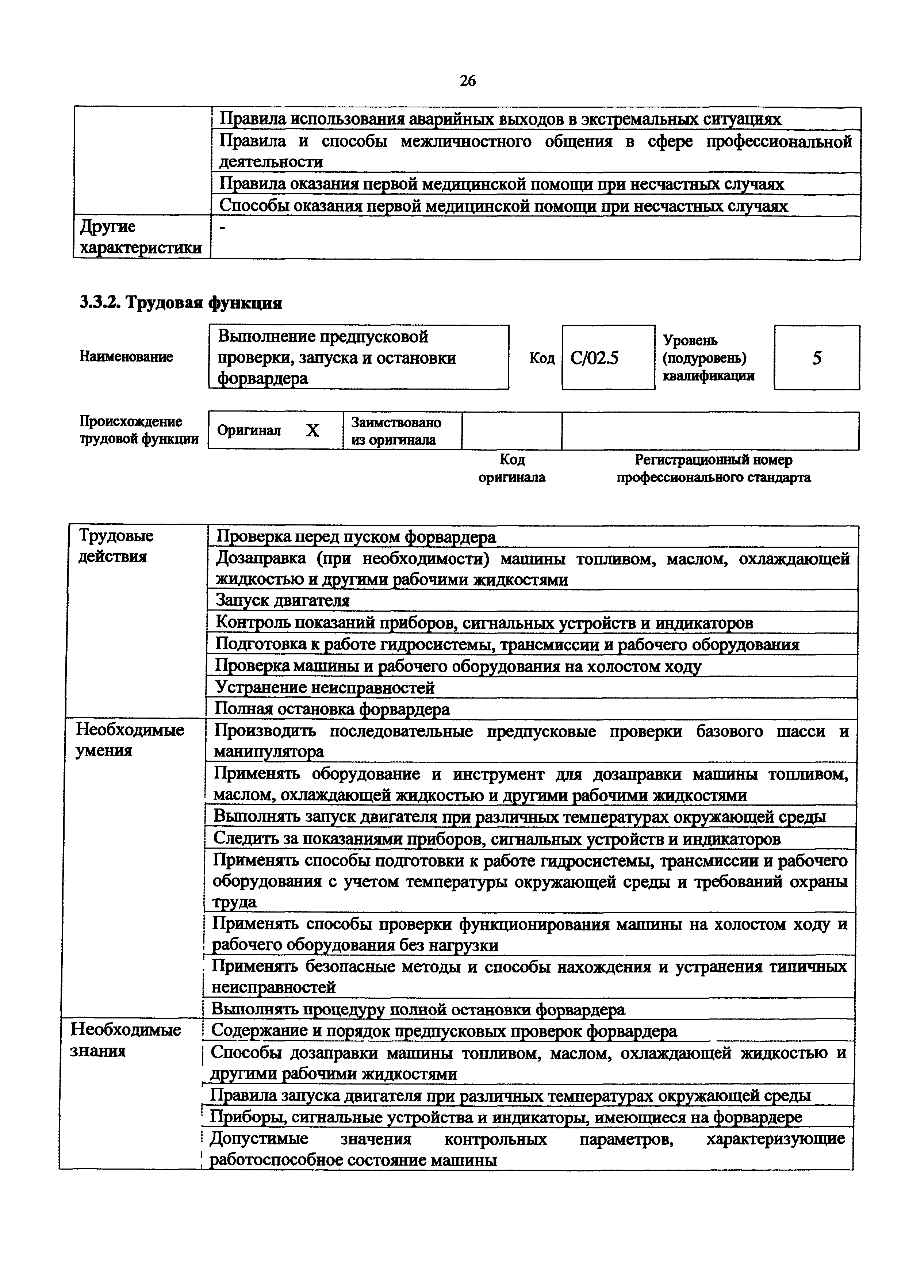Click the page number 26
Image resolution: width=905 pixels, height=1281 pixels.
coord(467,81)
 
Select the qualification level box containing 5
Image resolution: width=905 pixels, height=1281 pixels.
coord(816,357)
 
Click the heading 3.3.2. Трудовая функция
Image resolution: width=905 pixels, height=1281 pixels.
coord(181,303)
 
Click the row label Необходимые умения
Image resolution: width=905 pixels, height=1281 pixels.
coord(130,740)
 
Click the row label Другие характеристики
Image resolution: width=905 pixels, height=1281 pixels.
coord(141,237)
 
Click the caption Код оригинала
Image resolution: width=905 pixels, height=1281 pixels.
coord(512,469)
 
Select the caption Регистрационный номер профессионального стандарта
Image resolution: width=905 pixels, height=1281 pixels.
coord(713,469)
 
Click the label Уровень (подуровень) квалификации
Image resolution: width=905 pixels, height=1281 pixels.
coord(708,357)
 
